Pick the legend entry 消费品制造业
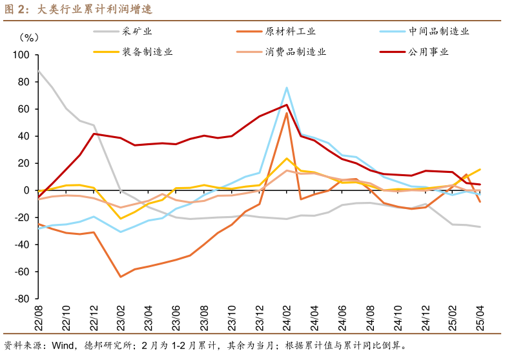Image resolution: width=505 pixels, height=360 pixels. click(x=295, y=52)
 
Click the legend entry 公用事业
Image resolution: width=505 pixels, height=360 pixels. click(x=429, y=52)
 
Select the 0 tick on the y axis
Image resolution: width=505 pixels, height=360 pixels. click(x=27, y=190)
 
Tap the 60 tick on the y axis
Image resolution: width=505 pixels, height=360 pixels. click(x=24, y=109)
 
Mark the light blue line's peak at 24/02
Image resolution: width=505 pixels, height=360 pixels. click(x=287, y=88)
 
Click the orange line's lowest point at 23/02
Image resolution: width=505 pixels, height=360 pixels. click(x=120, y=277)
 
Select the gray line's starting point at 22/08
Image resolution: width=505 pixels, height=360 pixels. click(x=39, y=70)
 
